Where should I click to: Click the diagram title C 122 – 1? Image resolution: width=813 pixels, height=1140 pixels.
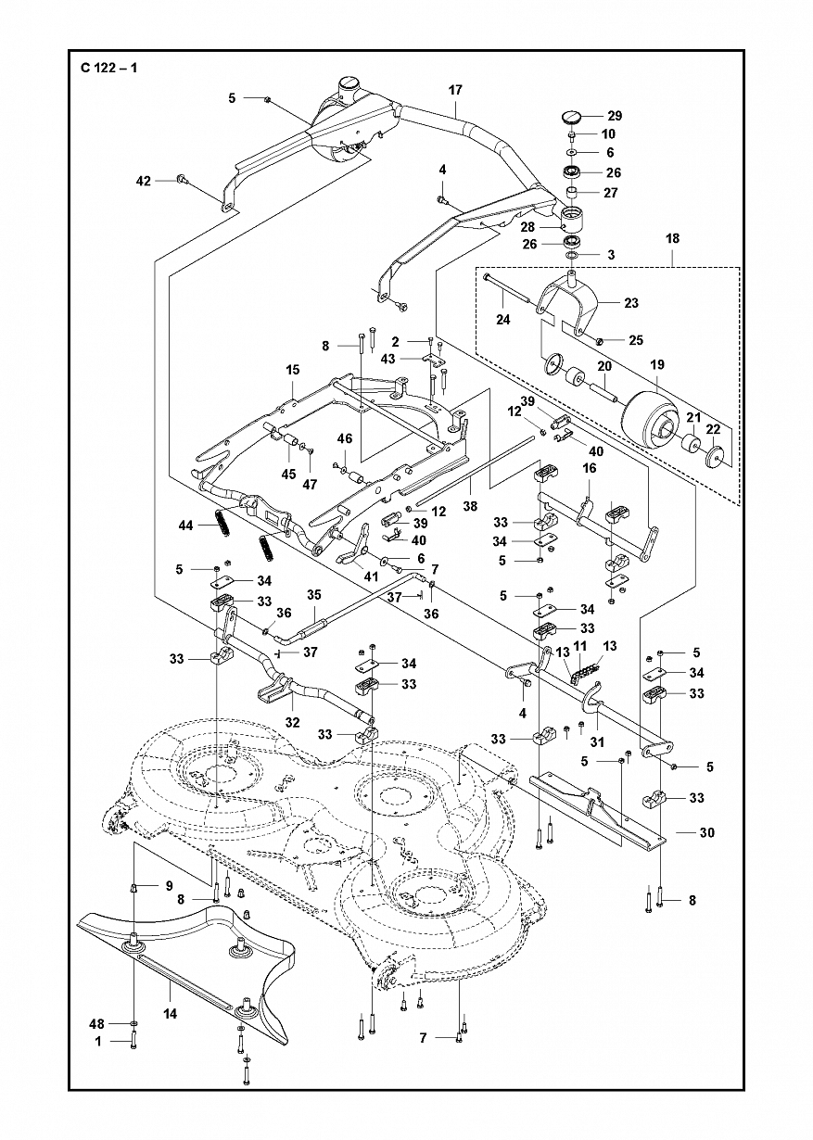[x=108, y=67]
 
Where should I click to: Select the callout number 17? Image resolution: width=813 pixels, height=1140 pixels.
[x=455, y=90]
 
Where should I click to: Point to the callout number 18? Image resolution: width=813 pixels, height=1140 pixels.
[x=672, y=239]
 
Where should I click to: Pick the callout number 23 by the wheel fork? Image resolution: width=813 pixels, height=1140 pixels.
[x=631, y=303]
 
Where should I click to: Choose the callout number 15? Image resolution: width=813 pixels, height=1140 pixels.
[x=293, y=370]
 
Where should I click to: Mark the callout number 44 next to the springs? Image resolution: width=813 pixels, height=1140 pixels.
[x=185, y=525]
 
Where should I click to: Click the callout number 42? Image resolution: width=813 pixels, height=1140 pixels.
[x=144, y=181]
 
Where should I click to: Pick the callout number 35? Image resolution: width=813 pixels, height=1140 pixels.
[x=314, y=595]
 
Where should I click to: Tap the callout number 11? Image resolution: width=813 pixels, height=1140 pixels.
[x=579, y=646]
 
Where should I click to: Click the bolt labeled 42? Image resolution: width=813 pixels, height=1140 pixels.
[x=181, y=179]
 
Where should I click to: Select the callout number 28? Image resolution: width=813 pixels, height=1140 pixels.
[x=527, y=227]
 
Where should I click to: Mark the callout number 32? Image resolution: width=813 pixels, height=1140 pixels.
[x=293, y=722]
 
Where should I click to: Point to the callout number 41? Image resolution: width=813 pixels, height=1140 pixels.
[x=371, y=576]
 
